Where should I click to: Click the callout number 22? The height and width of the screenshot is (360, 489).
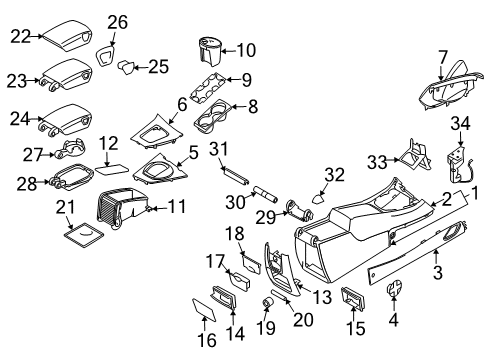click(x=20, y=35)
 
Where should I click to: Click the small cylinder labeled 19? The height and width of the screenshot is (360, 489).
click(x=269, y=301)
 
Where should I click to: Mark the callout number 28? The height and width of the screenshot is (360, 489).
click(x=18, y=182)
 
